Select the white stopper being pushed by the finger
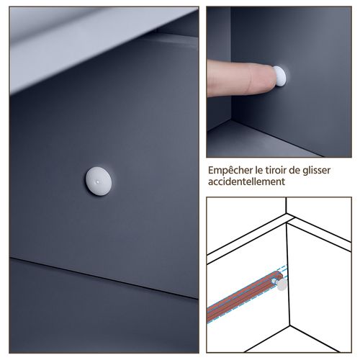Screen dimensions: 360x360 pos(280,76)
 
